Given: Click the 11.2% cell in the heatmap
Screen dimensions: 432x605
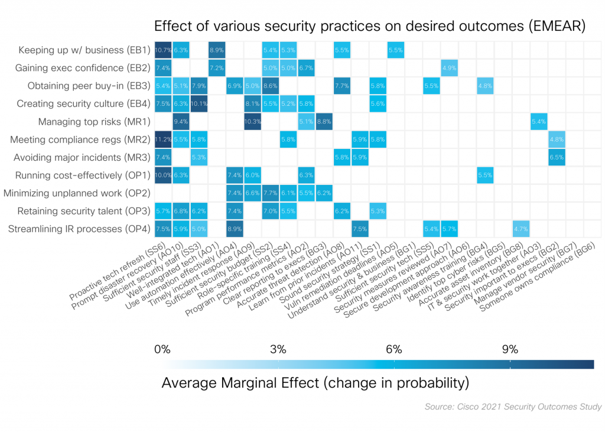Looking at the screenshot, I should pos(163,139).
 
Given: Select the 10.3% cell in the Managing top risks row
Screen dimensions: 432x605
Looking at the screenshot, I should pos(252,122).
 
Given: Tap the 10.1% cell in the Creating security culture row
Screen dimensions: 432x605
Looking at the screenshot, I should pos(199,104).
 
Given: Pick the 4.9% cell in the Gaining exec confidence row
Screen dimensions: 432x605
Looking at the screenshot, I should pos(449,69).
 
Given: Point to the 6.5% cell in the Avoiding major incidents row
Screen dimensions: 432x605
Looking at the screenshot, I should pos(557,157).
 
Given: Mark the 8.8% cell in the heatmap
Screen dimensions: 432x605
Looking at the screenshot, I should pos(324,122).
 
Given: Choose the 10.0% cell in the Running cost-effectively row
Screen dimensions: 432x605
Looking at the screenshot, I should pos(163,175).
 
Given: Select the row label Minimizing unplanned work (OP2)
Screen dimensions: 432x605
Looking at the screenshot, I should pos(77,193).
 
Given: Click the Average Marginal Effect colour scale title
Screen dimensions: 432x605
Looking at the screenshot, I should pos(315,382).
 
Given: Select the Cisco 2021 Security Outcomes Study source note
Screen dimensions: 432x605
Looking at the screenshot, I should pos(513,407).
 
